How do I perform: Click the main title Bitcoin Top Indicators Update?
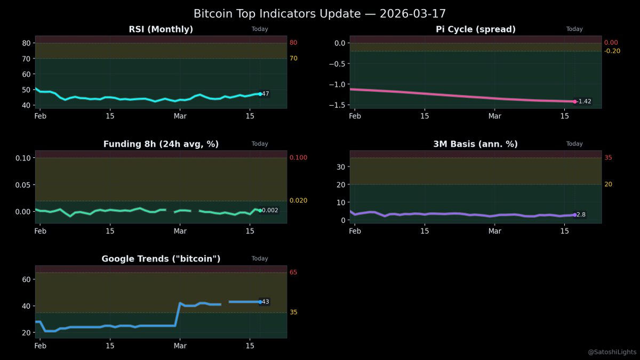coord(319,13)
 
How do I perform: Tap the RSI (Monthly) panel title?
coord(161,29)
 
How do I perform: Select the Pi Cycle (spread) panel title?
coord(475,29)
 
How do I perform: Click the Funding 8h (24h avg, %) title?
coord(161,144)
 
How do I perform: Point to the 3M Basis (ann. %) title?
coord(475,144)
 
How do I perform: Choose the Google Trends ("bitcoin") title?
coord(161,259)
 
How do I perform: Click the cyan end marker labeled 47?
coord(260,94)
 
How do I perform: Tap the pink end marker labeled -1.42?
coord(574,101)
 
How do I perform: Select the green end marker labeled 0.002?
coord(260,211)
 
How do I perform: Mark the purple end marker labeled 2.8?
coord(574,215)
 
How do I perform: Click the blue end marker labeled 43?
coord(260,302)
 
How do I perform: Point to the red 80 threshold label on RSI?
coord(293,43)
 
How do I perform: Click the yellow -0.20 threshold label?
coord(612,51)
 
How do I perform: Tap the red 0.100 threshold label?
coord(298,158)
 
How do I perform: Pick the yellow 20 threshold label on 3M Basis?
coord(608,185)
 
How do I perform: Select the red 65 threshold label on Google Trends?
coord(293,273)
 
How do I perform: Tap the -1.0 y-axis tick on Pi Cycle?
coord(338,84)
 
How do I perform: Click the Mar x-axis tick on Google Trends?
coord(180,346)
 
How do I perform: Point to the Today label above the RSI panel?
coord(260,29)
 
